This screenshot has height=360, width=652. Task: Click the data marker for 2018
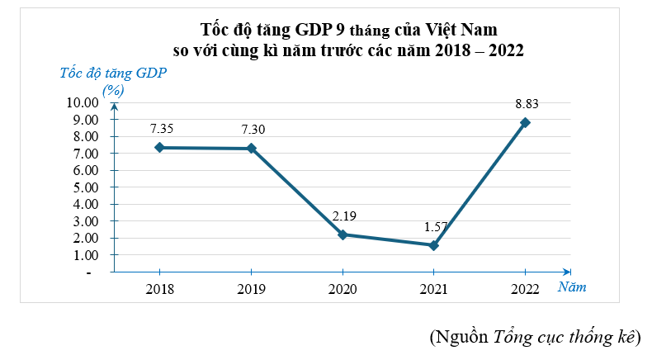(x=159, y=147)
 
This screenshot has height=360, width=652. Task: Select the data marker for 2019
(x=251, y=149)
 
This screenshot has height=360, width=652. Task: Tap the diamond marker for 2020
(x=343, y=234)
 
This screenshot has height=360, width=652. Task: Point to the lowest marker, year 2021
(x=434, y=245)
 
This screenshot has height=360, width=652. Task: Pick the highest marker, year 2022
(x=525, y=122)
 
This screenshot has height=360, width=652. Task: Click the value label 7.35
(x=162, y=129)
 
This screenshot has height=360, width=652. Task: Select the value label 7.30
(x=253, y=130)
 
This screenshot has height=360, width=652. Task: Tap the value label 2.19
(x=345, y=216)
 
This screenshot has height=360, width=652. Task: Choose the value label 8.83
(x=527, y=104)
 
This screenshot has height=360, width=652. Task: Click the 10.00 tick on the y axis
(x=82, y=103)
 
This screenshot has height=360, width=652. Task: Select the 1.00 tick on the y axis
(x=85, y=255)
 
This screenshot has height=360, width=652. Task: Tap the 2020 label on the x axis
(x=343, y=289)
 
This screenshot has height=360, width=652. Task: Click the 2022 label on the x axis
(x=525, y=289)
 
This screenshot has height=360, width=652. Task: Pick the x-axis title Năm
(x=571, y=287)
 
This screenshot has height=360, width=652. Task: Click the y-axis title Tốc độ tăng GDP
(x=113, y=72)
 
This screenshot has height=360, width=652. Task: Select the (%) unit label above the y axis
(x=113, y=89)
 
